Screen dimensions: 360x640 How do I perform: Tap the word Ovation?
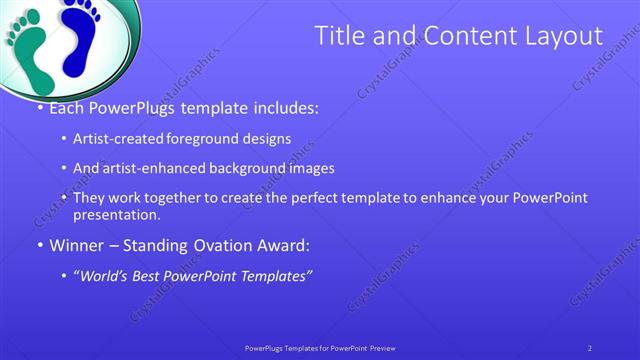click(x=208, y=244)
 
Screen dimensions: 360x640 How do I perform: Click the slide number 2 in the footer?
click(x=590, y=347)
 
